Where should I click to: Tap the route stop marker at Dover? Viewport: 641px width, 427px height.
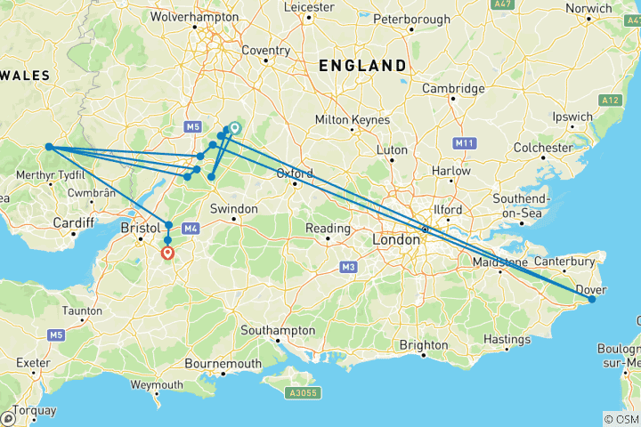pyautogui.click(x=591, y=300)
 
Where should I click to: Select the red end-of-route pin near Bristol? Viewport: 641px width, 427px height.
pyautogui.click(x=167, y=253)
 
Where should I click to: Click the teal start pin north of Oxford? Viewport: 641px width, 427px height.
pyautogui.click(x=235, y=128)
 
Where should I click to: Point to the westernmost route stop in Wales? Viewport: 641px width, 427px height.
pyautogui.click(x=50, y=148)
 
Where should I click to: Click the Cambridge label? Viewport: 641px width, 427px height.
pyautogui.click(x=453, y=88)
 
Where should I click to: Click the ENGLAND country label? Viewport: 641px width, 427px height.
pyautogui.click(x=362, y=66)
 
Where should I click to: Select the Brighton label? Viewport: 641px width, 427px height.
pyautogui.click(x=424, y=345)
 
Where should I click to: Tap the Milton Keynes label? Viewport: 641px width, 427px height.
pyautogui.click(x=353, y=120)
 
